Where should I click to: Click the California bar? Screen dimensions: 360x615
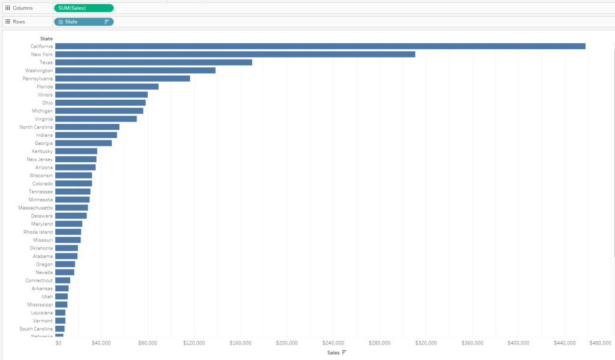point(320,46)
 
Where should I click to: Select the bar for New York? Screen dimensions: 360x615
point(235,54)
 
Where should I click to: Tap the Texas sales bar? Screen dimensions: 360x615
point(154,63)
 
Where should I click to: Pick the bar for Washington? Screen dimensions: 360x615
point(135,70)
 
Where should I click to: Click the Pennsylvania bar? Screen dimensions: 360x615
point(123,79)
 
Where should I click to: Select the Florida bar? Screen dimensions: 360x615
point(107,87)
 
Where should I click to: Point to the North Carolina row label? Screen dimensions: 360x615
point(36,127)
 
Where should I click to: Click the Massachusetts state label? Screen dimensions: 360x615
point(35,208)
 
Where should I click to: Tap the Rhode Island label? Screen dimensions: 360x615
point(38,232)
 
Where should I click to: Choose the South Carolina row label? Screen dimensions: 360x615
point(36,329)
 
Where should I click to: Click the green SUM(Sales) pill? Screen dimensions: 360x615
point(83,8)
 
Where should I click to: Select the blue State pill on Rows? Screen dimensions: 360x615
point(83,22)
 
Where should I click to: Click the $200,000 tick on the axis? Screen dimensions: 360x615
point(286,343)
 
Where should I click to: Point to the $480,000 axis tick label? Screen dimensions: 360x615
point(601,343)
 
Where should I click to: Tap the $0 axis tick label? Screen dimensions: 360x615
point(58,343)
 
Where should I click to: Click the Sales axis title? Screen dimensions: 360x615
point(333,352)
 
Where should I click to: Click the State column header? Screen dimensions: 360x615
point(46,38)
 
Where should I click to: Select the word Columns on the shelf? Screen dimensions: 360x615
point(23,8)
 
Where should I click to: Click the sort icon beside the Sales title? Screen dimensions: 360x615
point(344,352)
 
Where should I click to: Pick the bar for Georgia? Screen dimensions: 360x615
point(83,143)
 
